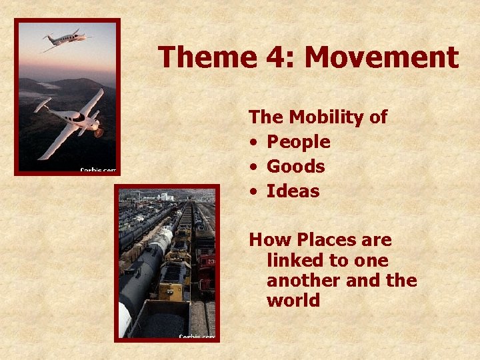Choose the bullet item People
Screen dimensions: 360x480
298,142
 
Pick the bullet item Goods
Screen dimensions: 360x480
295,167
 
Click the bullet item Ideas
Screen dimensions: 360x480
293,191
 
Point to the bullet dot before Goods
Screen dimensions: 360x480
254,167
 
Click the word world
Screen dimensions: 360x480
293,301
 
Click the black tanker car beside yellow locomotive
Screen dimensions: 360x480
141,273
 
